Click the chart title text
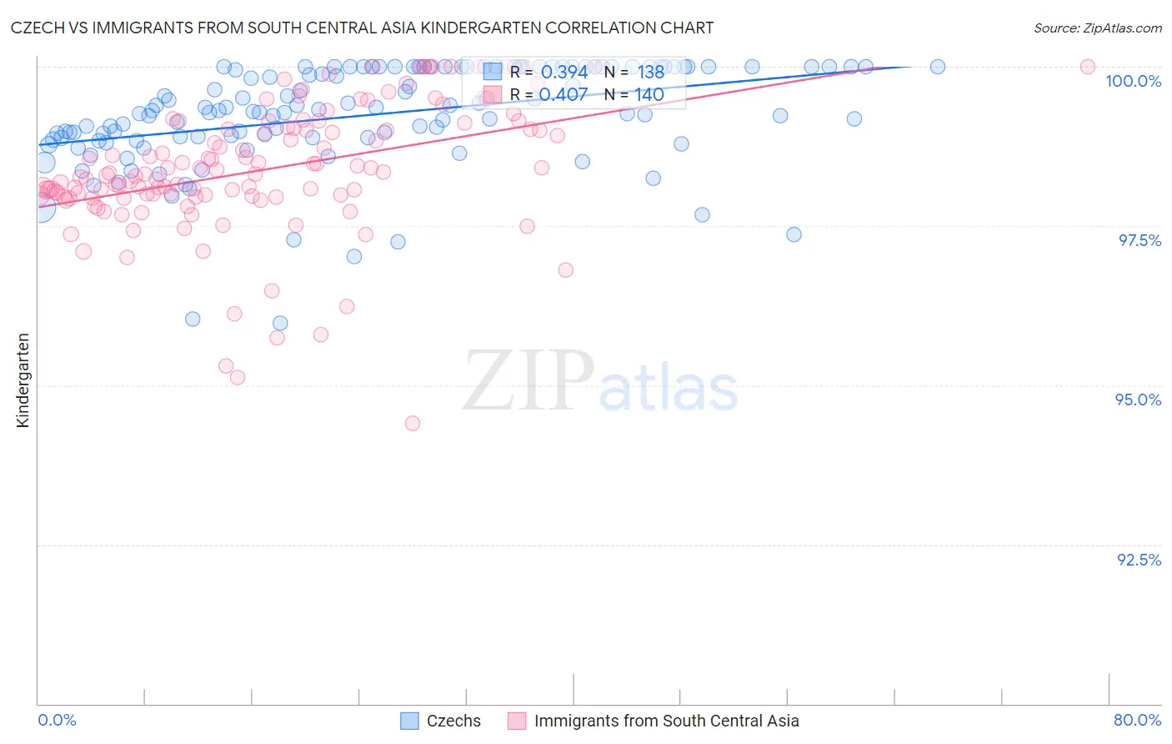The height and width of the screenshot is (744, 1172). pyautogui.click(x=362, y=28)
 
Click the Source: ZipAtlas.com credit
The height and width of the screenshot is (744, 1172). pyautogui.click(x=1097, y=28)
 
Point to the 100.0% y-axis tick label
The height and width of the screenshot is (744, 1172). pyautogui.click(x=1133, y=81)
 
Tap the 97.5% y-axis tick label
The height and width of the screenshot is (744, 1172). pyautogui.click(x=1139, y=240)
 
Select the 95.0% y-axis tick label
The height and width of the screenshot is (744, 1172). pyautogui.click(x=1138, y=400)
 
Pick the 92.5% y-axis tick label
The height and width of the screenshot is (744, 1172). pyautogui.click(x=1139, y=560)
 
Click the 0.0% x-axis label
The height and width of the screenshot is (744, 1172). pyautogui.click(x=57, y=720)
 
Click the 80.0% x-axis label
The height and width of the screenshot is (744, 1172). pyautogui.click(x=1137, y=720)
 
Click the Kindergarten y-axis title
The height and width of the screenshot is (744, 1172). pyautogui.click(x=23, y=380)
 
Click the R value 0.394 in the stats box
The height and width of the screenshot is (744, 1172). pyautogui.click(x=564, y=72)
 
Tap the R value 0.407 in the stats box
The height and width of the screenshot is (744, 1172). pyautogui.click(x=563, y=94)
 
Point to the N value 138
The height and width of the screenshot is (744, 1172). pyautogui.click(x=650, y=72)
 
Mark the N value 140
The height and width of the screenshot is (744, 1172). pyautogui.click(x=649, y=94)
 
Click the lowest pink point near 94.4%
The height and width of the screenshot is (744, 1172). pyautogui.click(x=412, y=423)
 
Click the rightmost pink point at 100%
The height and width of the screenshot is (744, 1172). pyautogui.click(x=1087, y=67)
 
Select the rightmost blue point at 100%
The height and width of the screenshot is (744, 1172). pyautogui.click(x=937, y=67)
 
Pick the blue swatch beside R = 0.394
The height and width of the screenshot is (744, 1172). pyautogui.click(x=492, y=72)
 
